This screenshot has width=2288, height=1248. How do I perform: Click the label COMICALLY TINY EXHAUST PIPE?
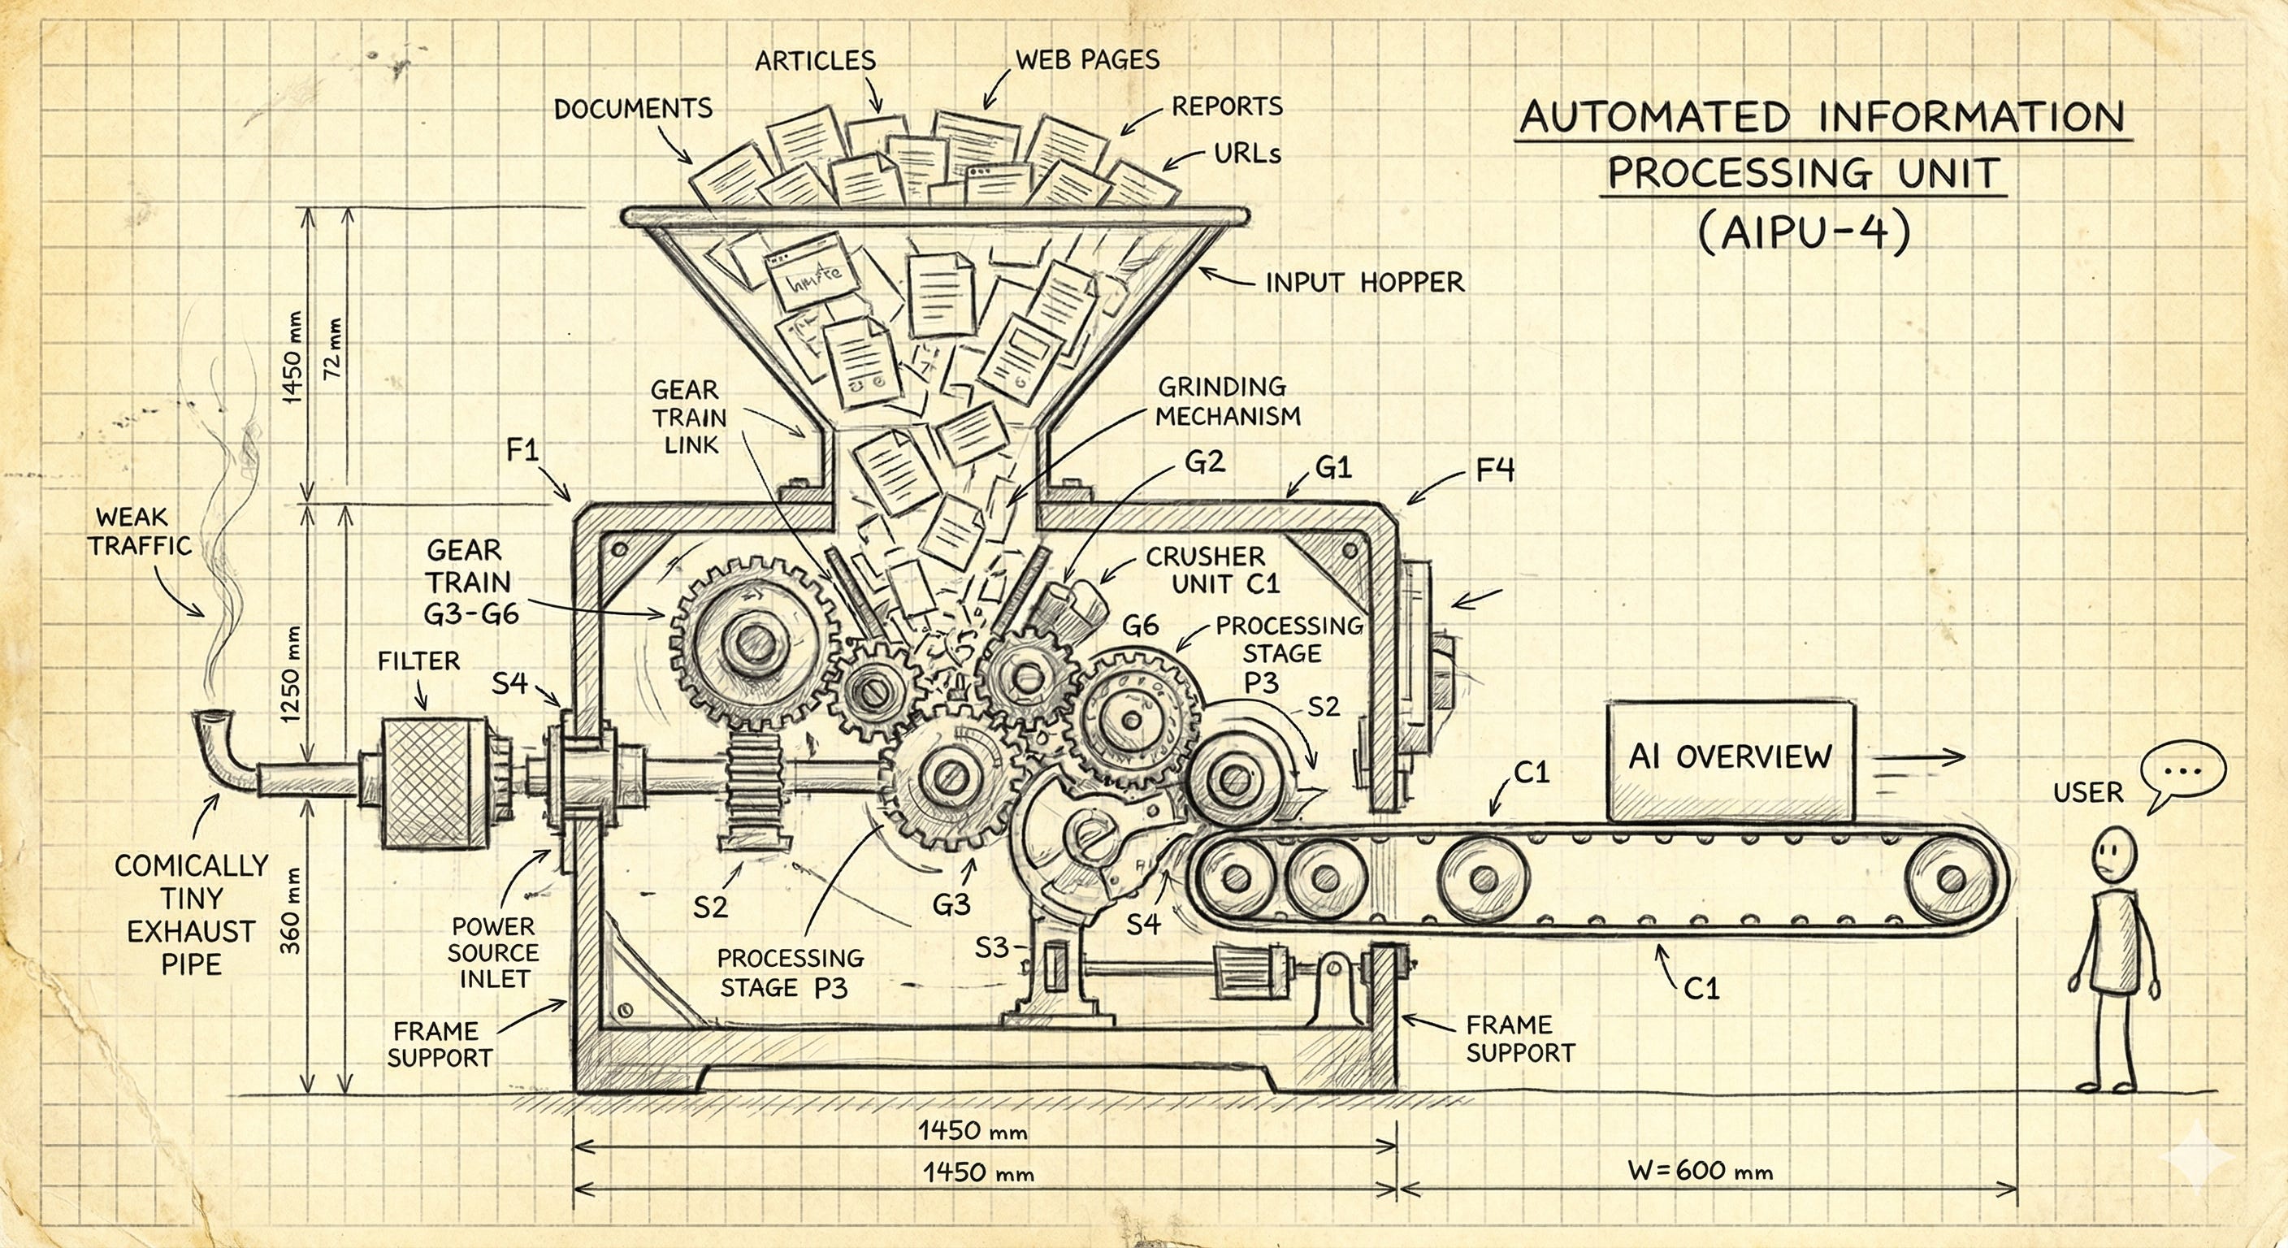(x=191, y=915)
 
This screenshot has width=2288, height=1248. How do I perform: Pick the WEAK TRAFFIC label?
(x=141, y=531)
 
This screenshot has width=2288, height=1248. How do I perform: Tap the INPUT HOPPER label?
(x=1364, y=283)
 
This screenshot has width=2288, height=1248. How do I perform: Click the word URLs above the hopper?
(x=1247, y=154)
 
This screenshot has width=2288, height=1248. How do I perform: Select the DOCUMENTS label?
(x=633, y=109)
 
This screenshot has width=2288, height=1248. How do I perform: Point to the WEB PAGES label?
(x=1087, y=60)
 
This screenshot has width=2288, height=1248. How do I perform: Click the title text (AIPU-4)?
(x=1804, y=232)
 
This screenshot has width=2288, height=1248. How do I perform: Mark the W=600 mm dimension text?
(x=1701, y=1170)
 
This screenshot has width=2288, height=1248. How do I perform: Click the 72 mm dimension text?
(x=333, y=349)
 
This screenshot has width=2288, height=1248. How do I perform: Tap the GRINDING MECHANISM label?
(x=1228, y=401)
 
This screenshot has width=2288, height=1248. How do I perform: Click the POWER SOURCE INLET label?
(x=493, y=952)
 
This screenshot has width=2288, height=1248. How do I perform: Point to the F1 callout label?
(x=523, y=450)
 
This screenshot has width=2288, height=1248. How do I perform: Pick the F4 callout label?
(x=1495, y=470)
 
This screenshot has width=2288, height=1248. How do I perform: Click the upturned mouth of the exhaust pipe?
(x=210, y=716)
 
